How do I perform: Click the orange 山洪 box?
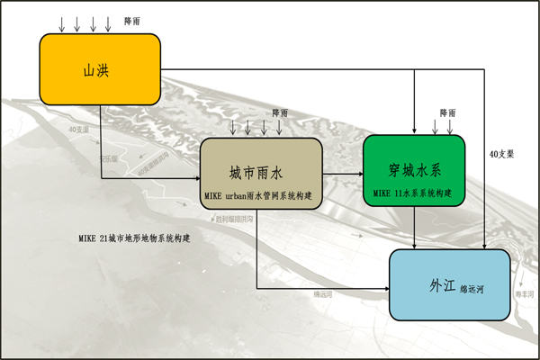[99, 67]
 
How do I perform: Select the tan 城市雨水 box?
[261, 174]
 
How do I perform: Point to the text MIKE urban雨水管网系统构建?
[261, 193]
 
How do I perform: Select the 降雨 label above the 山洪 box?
[131, 19]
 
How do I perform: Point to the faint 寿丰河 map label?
[525, 294]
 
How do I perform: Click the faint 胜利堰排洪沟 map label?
[233, 219]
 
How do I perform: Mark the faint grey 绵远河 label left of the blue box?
[324, 294]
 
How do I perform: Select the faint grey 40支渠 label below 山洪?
[78, 130]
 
